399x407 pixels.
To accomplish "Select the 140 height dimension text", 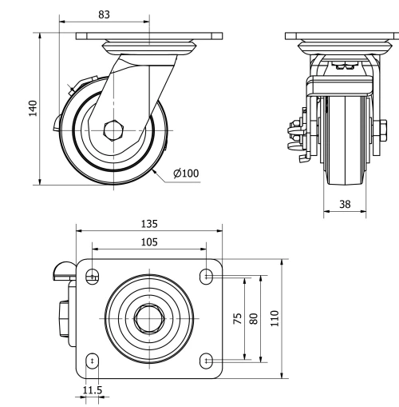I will pyautogui.click(x=33, y=108).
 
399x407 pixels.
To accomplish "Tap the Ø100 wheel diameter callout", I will pyautogui.click(x=186, y=174).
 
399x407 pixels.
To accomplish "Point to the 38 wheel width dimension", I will pyautogui.click(x=345, y=205).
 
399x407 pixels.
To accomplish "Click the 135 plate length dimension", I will pyautogui.click(x=148, y=224).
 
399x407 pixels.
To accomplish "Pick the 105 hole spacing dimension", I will pyautogui.click(x=148, y=242).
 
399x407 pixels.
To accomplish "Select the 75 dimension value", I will pyautogui.click(x=237, y=319).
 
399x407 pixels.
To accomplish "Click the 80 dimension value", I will pyautogui.click(x=255, y=319).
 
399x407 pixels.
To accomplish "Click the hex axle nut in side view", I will pyautogui.click(x=113, y=129).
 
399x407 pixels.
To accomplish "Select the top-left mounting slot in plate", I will pyautogui.click(x=93, y=277).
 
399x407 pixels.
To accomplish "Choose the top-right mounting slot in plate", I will pyautogui.click(x=207, y=277).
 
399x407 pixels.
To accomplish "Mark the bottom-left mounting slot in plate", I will pyautogui.click(x=93, y=361).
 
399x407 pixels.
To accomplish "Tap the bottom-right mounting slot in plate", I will pyautogui.click(x=207, y=361).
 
